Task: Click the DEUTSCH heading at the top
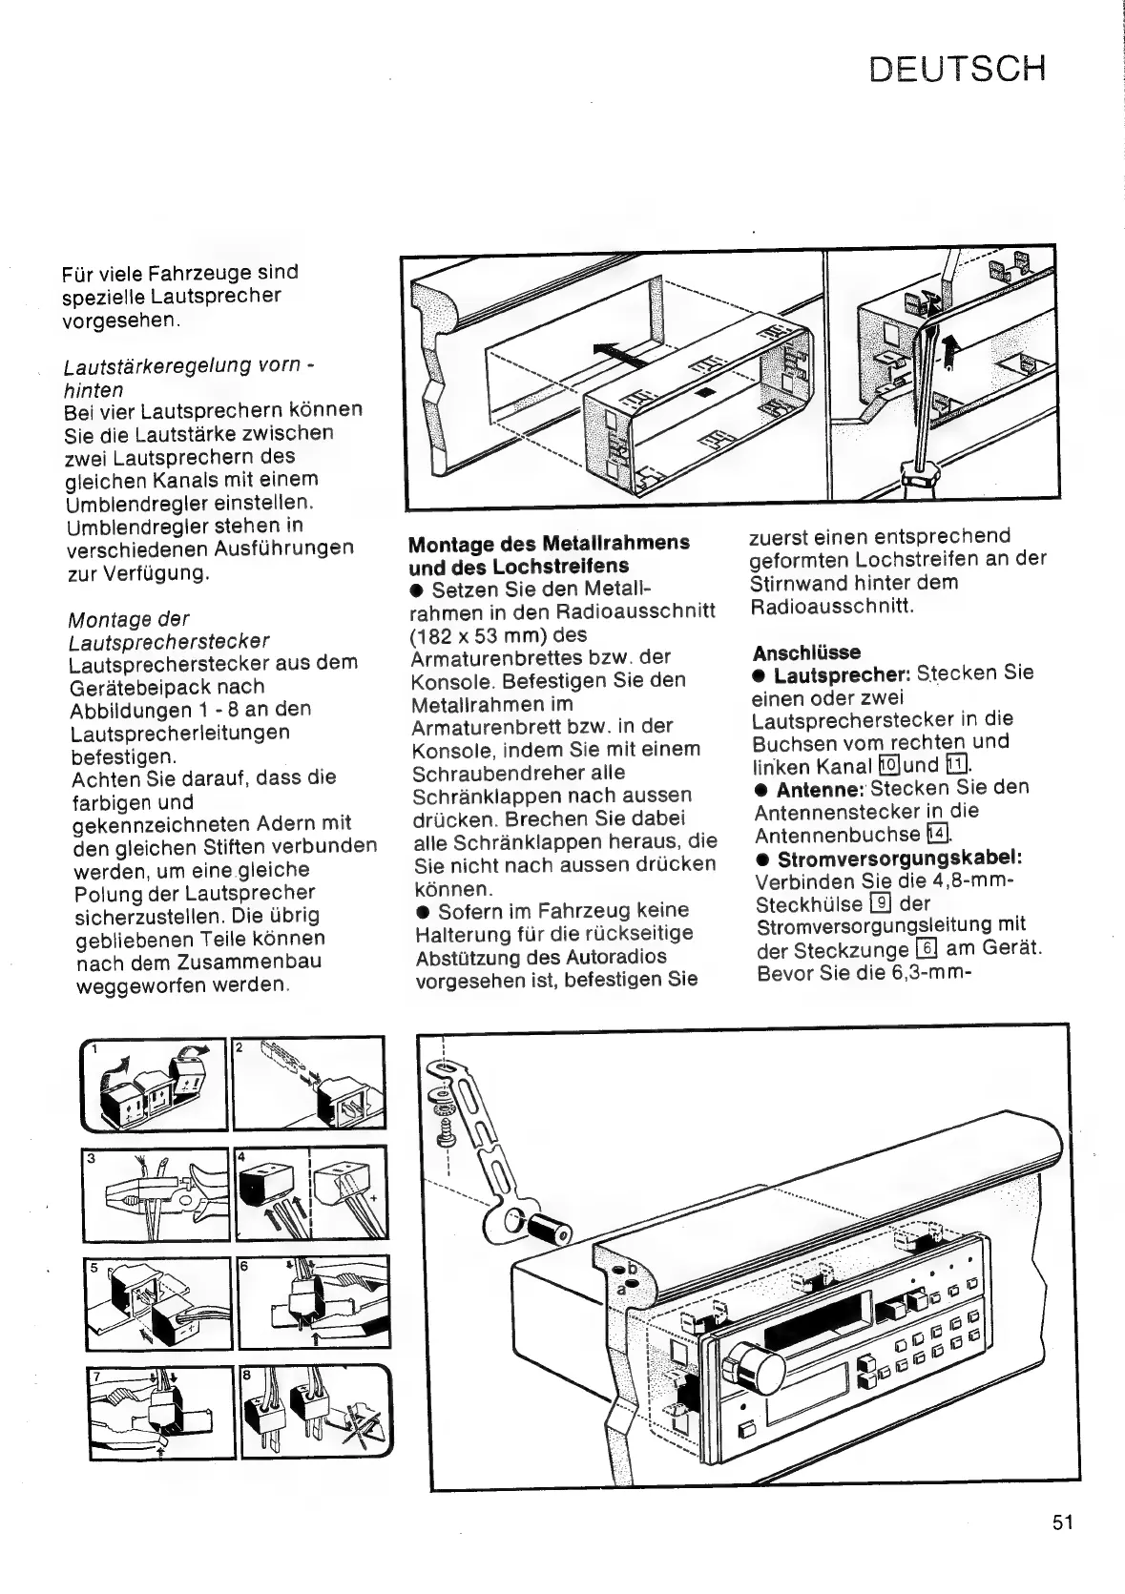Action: point(957,69)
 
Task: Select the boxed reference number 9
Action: point(882,903)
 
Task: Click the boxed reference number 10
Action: point(888,765)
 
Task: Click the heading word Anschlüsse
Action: point(793,652)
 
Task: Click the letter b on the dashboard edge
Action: point(630,1269)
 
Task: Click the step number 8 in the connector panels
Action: point(247,1377)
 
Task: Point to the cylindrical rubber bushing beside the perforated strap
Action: point(552,1230)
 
